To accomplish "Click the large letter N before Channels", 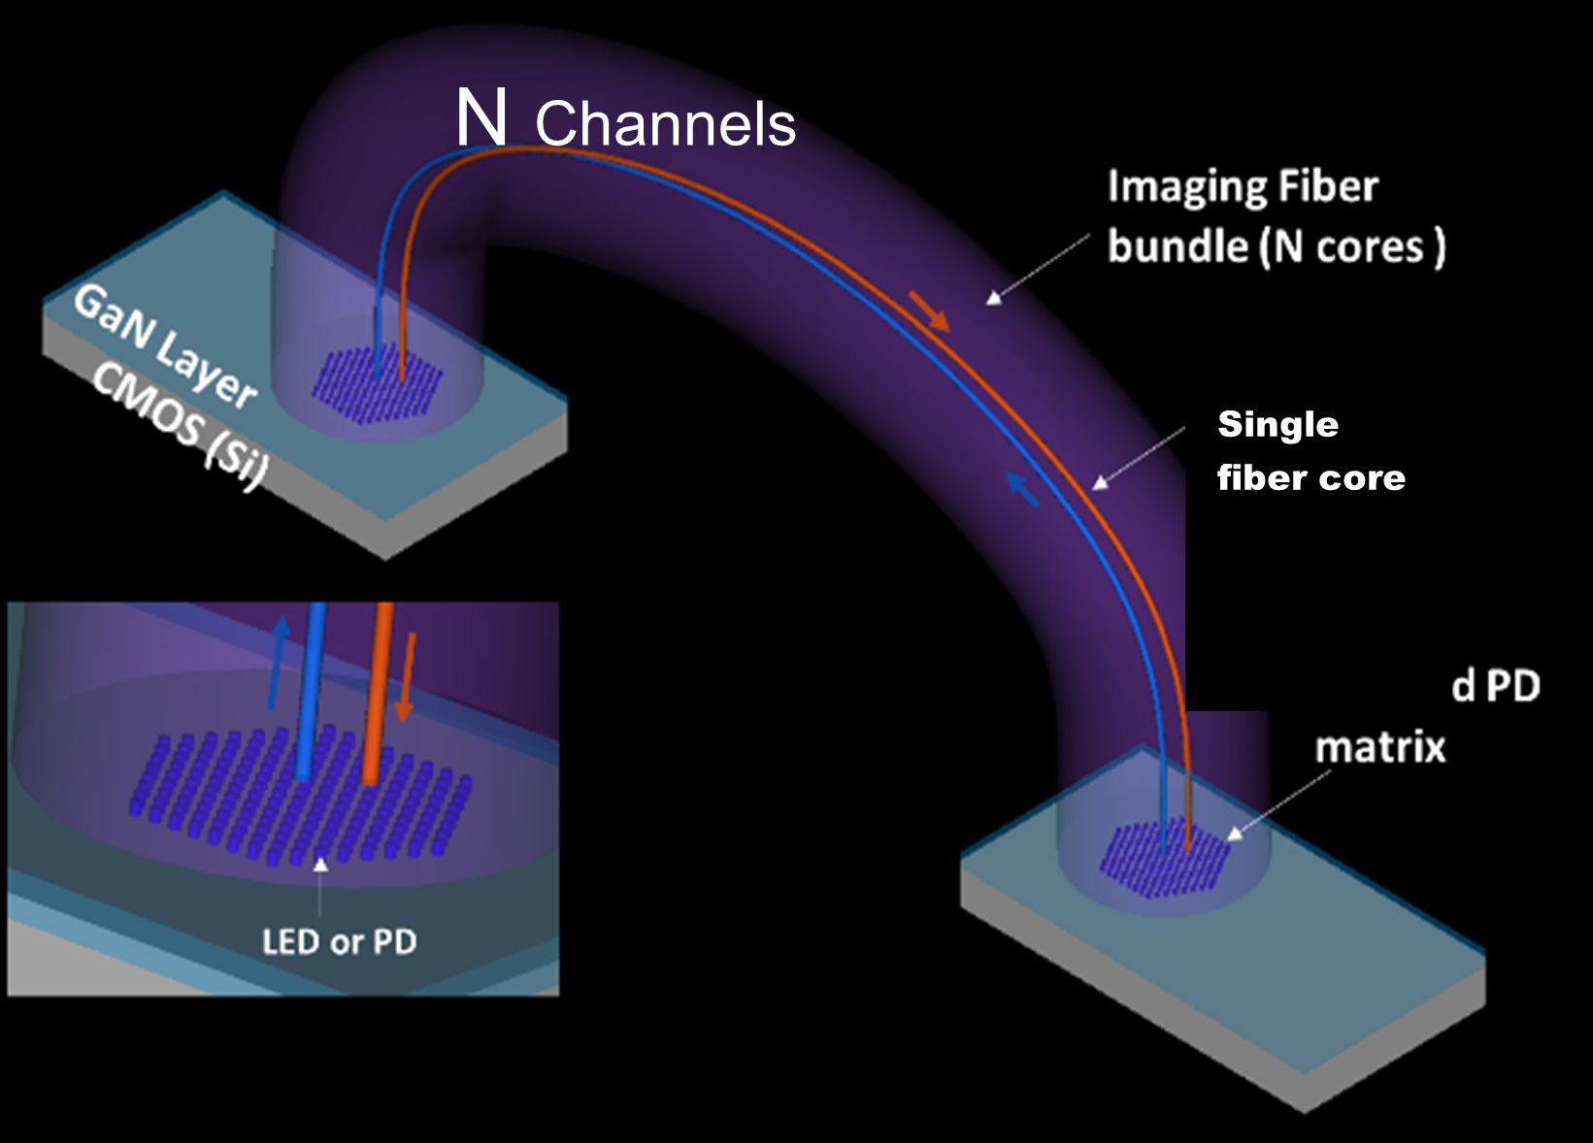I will pos(481,117).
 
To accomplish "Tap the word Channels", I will pos(665,124).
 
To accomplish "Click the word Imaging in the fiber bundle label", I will pos(1174,186).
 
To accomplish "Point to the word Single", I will pos(1278,424).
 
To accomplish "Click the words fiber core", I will pos(1311,477).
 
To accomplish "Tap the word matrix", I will pos(1379,747).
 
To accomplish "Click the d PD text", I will pos(1496,687).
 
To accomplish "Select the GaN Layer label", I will pos(165,345).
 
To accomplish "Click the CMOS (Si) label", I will pos(181,427).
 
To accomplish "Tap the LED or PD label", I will pos(339,941).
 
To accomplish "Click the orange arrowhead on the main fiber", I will pos(936,317).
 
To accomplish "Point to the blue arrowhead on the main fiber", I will pos(1019,485).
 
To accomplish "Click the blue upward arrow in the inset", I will pos(279,660).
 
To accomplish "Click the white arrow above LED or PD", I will pos(320,864).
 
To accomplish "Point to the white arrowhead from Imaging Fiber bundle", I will pos(993,298).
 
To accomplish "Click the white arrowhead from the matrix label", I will pos(1235,833).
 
